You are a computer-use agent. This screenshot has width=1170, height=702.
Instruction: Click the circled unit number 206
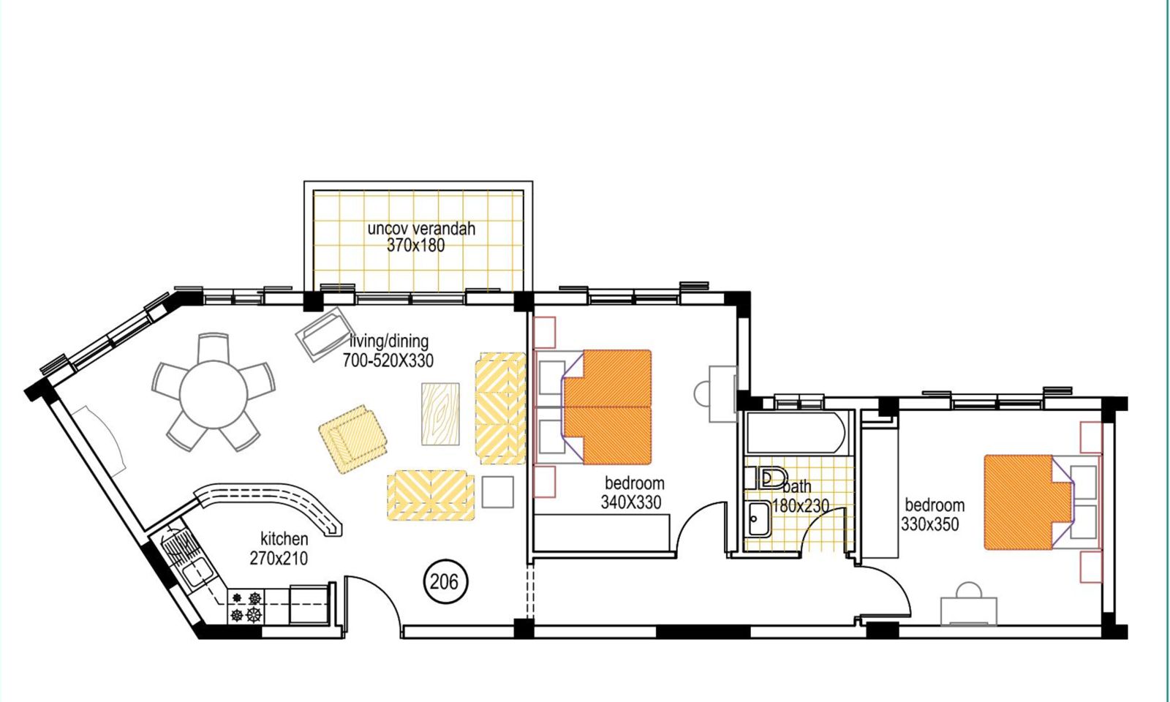point(445,582)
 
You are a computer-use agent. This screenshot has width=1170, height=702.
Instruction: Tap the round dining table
point(214,394)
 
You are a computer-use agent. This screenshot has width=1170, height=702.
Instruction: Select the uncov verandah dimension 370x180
point(416,246)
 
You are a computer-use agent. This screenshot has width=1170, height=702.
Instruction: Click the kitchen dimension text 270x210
point(279,559)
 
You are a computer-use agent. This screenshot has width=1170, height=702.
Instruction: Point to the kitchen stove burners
point(246,606)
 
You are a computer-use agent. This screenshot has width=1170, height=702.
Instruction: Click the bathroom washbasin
point(758,518)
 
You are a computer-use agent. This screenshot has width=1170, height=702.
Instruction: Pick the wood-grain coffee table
point(440,414)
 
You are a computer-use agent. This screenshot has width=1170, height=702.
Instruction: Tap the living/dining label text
point(389,341)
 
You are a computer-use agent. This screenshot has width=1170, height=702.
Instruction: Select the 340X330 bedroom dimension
point(631,502)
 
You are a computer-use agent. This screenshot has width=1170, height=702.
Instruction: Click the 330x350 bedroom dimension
point(929,524)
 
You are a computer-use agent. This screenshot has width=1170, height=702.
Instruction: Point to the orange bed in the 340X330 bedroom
point(607,407)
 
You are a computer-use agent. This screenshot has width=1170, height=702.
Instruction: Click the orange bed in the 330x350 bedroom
point(1028,502)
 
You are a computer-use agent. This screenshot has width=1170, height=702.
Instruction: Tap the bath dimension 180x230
point(800,505)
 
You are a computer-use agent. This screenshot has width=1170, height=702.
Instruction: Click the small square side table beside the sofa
point(497,491)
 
